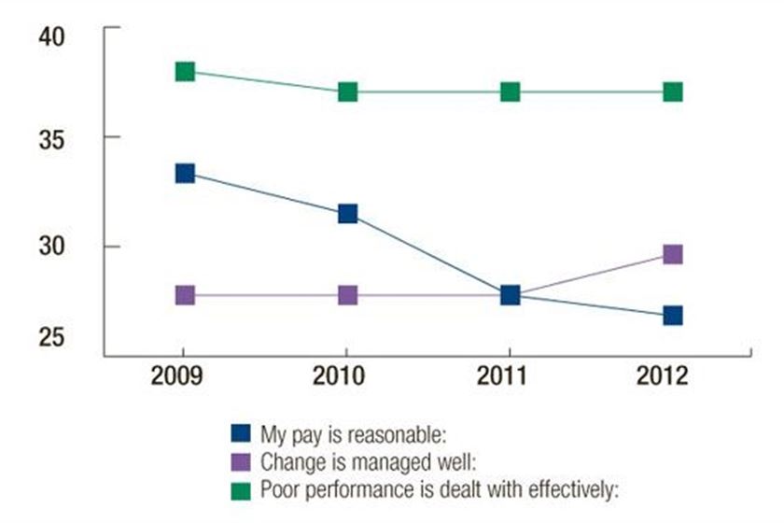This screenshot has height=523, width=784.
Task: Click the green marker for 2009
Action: pos(185,72)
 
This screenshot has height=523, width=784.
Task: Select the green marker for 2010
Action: pos(347,92)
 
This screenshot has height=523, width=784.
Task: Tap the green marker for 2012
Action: pos(672,92)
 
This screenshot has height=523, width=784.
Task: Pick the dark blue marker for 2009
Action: pos(185,173)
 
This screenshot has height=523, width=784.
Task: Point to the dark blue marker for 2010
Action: pos(347,214)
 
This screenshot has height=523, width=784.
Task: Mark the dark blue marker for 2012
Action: pos(672,316)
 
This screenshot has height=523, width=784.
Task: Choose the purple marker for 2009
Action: pos(185,295)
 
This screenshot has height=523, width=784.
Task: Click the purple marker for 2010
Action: pos(347,295)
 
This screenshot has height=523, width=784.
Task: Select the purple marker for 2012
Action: pos(672,254)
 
